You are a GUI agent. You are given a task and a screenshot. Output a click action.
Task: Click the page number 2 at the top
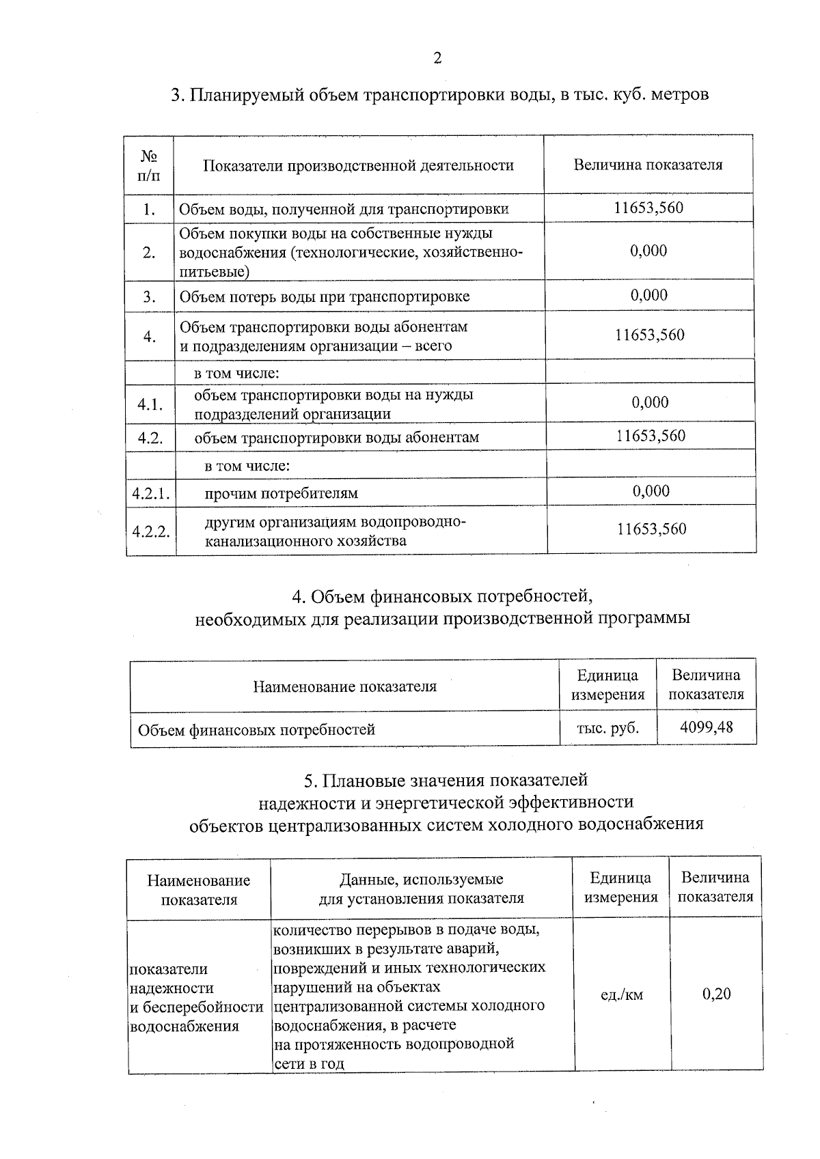[437, 58]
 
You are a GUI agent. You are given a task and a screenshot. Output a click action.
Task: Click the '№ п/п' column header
[149, 165]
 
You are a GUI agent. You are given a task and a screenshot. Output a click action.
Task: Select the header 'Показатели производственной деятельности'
[358, 165]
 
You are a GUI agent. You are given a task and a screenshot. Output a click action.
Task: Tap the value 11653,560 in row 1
[648, 208]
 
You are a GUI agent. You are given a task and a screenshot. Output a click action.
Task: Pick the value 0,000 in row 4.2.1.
[651, 490]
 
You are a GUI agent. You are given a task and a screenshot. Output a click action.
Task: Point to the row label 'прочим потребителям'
[281, 493]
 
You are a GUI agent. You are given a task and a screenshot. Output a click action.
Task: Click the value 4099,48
[706, 727]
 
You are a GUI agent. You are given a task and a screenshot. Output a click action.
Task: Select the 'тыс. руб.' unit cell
[607, 727]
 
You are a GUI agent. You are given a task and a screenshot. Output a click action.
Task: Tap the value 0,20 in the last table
[716, 994]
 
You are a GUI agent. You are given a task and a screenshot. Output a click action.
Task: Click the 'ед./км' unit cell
[621, 994]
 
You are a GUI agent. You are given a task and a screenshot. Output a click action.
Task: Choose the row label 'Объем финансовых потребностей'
[256, 729]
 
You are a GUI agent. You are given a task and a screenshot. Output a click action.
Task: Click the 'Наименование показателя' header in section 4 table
[344, 686]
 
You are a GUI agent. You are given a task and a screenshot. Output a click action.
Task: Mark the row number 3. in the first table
[149, 297]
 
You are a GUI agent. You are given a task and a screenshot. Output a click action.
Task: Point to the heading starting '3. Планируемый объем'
[439, 94]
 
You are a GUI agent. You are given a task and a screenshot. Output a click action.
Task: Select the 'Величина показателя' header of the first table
[648, 165]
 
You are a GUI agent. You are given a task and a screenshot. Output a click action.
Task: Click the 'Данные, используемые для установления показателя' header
[421, 888]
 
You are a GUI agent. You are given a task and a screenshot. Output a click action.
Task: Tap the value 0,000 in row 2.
[648, 251]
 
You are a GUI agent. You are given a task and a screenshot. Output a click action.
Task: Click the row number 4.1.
[150, 404]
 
